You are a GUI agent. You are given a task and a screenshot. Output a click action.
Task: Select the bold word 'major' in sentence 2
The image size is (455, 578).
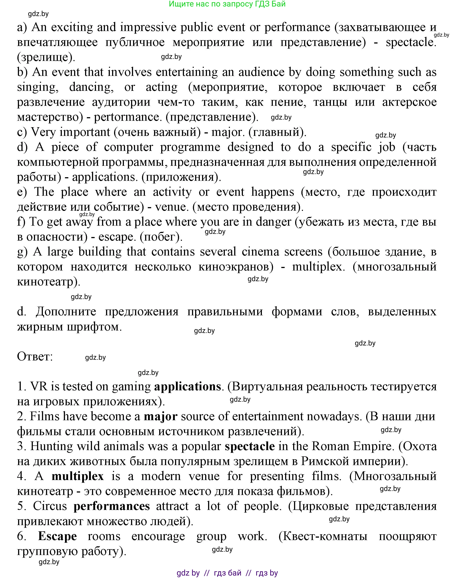161,416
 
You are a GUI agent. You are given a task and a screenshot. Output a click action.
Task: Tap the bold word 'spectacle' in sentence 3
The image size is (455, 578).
250,446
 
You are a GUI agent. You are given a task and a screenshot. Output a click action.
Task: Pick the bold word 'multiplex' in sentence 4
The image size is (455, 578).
78,476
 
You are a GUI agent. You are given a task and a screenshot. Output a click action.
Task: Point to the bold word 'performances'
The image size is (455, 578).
112,506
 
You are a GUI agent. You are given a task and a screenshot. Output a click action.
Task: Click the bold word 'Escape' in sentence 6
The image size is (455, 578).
58,536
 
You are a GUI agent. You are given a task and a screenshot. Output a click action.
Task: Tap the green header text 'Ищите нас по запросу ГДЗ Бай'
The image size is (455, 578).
227,4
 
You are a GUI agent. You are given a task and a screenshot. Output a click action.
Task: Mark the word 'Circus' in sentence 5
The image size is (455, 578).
50,506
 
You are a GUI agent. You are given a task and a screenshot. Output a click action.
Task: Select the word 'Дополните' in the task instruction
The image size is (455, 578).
66,312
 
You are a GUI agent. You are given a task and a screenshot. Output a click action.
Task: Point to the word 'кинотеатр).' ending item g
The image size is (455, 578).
49,282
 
